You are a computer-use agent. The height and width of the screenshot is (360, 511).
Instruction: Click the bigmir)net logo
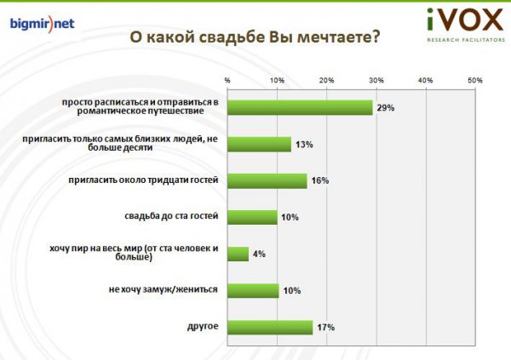(x=42, y=24)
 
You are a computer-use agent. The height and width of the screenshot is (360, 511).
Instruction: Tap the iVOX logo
(x=466, y=25)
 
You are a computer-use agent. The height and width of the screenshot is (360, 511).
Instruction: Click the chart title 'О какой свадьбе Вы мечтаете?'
(x=255, y=37)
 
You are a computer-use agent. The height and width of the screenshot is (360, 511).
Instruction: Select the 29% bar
(x=300, y=107)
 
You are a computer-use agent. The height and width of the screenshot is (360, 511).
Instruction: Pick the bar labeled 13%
(x=259, y=145)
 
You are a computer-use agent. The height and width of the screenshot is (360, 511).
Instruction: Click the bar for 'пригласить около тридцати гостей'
(x=267, y=180)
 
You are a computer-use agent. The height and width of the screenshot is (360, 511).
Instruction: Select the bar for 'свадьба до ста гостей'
(x=252, y=217)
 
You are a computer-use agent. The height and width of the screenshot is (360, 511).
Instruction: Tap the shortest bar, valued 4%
(x=238, y=254)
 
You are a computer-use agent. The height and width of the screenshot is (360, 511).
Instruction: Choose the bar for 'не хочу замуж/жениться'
(x=253, y=290)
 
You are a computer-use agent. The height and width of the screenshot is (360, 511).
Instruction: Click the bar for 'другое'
(x=270, y=328)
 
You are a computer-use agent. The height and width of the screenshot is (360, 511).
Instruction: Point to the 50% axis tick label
(x=475, y=81)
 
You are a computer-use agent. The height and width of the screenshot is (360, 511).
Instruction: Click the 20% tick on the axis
(x=326, y=81)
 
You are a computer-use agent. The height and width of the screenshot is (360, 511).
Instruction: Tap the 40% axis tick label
(x=426, y=81)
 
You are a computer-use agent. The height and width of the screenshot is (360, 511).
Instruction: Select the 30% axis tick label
(x=376, y=81)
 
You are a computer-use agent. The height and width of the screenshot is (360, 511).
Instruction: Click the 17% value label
(x=326, y=328)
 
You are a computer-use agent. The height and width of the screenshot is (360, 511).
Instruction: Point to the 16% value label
(x=320, y=180)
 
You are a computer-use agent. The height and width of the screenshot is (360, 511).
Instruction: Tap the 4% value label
(x=259, y=254)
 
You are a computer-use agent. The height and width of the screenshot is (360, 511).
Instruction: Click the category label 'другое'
(x=203, y=327)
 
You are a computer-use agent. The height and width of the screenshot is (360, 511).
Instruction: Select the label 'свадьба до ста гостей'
(x=171, y=216)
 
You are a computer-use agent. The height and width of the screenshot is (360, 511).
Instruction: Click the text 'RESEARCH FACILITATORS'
(x=466, y=40)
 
